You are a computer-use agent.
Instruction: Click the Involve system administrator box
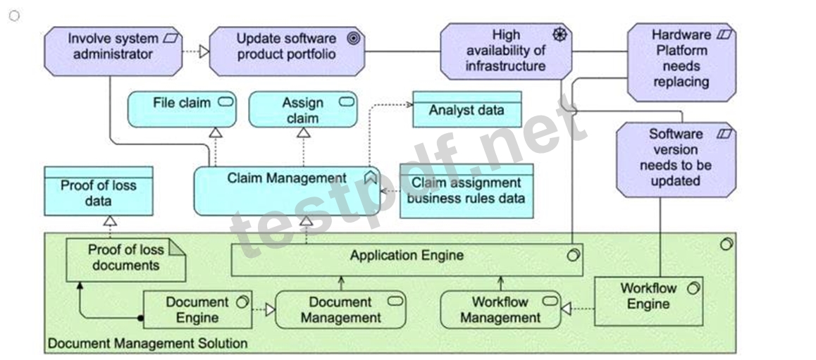click(113, 51)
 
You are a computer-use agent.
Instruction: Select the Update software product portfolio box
click(287, 51)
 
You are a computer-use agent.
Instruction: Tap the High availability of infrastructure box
click(506, 51)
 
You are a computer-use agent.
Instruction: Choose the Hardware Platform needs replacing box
click(681, 62)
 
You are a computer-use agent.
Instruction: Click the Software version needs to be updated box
click(676, 160)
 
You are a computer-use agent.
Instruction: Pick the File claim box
click(182, 109)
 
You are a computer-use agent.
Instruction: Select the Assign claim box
click(303, 109)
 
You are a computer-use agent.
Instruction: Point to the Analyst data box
click(466, 109)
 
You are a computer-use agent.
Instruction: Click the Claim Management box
click(287, 191)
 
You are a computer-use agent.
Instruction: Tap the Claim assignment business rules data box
click(466, 191)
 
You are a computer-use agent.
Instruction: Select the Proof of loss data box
click(99, 191)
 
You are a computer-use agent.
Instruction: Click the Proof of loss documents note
click(125, 260)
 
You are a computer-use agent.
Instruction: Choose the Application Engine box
click(407, 259)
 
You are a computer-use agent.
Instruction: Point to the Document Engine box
click(197, 309)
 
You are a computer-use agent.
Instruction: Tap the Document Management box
click(340, 309)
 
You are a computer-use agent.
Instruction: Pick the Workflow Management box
click(500, 309)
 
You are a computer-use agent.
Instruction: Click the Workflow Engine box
click(648, 302)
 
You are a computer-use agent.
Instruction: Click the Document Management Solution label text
click(147, 343)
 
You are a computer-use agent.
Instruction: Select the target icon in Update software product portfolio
click(353, 39)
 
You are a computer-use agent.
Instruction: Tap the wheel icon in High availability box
click(560, 35)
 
